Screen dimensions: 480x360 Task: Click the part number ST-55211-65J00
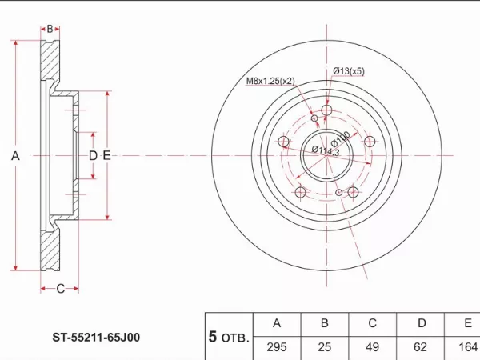click(96, 338)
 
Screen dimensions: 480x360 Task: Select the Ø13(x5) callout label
click(349, 71)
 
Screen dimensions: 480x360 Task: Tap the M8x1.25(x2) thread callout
click(270, 81)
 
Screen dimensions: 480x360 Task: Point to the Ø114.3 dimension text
click(326, 150)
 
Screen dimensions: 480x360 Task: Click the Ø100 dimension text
click(340, 139)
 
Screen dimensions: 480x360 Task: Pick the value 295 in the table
click(277, 347)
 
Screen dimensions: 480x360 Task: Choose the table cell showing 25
click(325, 347)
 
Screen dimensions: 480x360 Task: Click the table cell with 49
click(372, 347)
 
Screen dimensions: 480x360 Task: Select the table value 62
click(420, 347)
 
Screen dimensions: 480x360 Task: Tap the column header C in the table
click(372, 323)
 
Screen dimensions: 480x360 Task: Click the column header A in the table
click(277, 323)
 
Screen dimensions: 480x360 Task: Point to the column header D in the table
click(422, 323)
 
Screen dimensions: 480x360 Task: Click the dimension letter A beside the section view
click(15, 156)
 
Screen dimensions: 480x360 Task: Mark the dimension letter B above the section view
click(50, 29)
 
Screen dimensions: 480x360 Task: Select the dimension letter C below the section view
click(61, 289)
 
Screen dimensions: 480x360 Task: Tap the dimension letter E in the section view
click(106, 156)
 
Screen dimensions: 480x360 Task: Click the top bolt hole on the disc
click(327, 110)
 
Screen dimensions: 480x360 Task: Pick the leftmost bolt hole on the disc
click(284, 142)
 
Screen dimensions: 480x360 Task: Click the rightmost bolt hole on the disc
click(370, 142)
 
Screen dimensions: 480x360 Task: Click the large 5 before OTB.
click(213, 337)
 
